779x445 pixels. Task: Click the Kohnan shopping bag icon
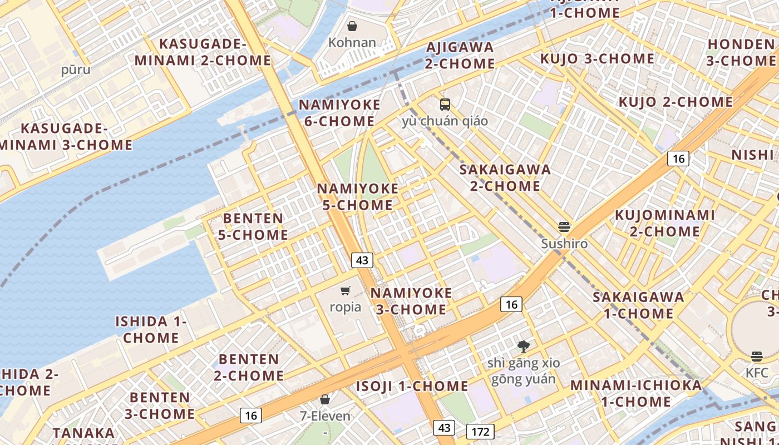tap(352, 26)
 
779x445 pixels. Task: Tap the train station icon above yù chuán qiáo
tap(445, 104)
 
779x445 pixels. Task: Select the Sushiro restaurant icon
tap(564, 227)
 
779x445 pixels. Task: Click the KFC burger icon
tap(756, 356)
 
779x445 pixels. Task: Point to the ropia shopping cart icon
tap(345, 290)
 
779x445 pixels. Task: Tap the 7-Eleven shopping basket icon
tap(325, 399)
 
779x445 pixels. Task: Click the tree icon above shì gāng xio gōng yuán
tap(523, 347)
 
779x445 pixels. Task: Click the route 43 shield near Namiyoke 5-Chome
tap(362, 260)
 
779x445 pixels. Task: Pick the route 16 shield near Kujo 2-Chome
tap(678, 159)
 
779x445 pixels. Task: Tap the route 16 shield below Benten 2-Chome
tap(251, 415)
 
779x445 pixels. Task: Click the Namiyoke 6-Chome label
tap(339, 113)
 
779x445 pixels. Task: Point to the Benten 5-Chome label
tap(253, 226)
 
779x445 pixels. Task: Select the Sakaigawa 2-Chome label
tap(505, 177)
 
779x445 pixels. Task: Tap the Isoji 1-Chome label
tap(412, 386)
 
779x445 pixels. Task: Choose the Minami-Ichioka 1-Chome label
tap(636, 393)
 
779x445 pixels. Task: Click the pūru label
tap(76, 70)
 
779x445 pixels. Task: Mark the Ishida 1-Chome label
tap(151, 329)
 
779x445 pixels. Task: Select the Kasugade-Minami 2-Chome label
tap(203, 52)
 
